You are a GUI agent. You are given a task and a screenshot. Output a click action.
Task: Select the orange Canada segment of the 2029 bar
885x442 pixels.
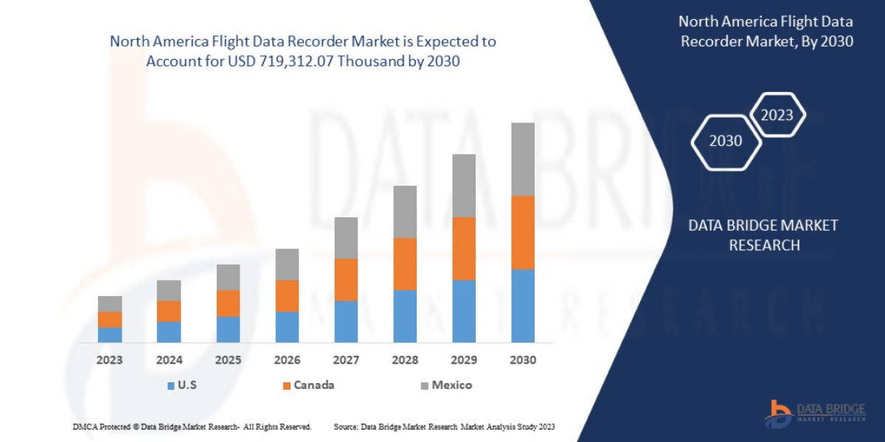pyautogui.click(x=464, y=248)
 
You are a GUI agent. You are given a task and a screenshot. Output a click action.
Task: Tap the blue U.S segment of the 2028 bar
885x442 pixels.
pyautogui.click(x=405, y=316)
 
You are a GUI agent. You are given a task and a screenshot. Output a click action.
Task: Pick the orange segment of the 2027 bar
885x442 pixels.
pyautogui.click(x=346, y=279)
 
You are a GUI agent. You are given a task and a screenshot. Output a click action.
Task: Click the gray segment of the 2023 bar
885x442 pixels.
pyautogui.click(x=110, y=304)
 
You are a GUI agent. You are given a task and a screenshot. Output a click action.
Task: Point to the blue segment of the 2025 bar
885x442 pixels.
pyautogui.click(x=228, y=329)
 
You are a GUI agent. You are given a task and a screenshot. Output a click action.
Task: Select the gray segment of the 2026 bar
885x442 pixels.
pyautogui.click(x=287, y=264)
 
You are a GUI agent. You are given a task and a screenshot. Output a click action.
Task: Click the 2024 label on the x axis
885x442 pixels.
pyautogui.click(x=169, y=361)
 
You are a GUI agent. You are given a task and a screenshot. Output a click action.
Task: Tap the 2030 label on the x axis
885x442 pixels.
pyautogui.click(x=523, y=361)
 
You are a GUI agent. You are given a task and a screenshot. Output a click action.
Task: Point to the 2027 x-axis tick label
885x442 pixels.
pyautogui.click(x=346, y=361)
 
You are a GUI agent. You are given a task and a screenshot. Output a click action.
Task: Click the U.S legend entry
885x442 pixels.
pyautogui.click(x=183, y=385)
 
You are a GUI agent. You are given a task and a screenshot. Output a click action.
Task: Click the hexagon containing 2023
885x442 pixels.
pyautogui.click(x=777, y=115)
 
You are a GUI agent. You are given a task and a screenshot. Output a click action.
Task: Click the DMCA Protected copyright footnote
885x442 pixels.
pyautogui.click(x=192, y=427)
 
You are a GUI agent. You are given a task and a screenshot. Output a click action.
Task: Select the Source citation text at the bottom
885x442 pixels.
pyautogui.click(x=444, y=427)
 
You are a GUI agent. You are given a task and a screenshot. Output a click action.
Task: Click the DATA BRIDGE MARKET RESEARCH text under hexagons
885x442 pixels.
pyautogui.click(x=763, y=235)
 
